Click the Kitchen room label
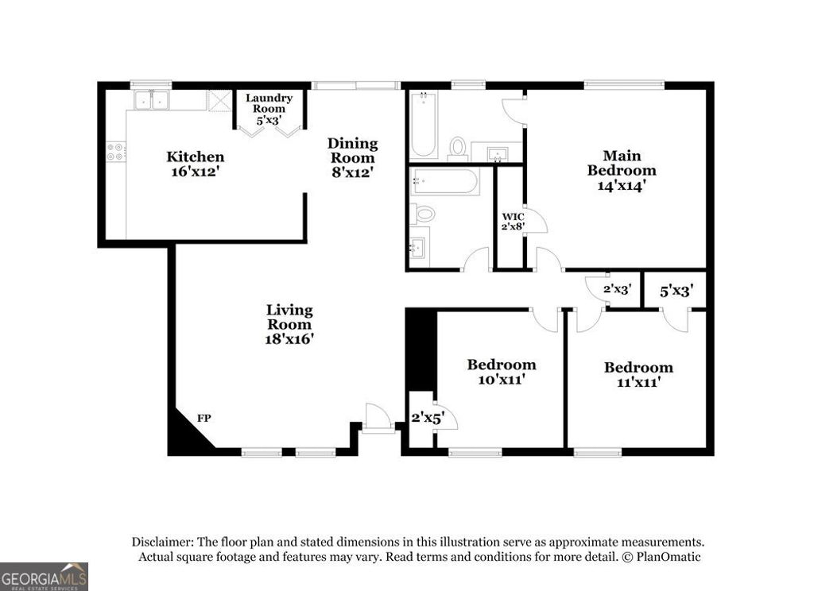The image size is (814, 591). click(195, 164)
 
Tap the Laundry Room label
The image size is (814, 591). click(269, 110)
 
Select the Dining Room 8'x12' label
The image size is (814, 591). click(352, 156)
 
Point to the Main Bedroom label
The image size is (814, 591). click(622, 170)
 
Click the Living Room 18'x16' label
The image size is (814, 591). click(289, 323)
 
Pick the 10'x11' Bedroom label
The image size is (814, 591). click(501, 372)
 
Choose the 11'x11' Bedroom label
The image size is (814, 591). click(638, 374)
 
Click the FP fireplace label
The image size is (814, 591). click(204, 418)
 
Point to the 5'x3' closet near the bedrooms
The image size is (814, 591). click(677, 291)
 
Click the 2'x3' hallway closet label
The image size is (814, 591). click(616, 290)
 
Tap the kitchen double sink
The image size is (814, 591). click(150, 100)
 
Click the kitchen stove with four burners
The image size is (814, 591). click(115, 151)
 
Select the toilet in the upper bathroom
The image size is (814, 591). click(457, 148)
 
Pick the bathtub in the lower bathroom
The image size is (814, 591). click(444, 182)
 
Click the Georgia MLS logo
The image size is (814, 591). click(44, 576)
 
